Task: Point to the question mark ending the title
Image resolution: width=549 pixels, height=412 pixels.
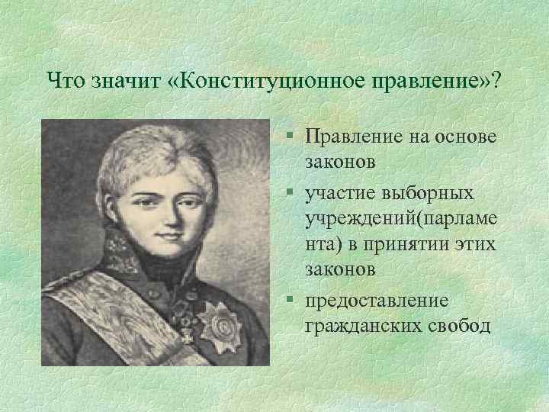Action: [497, 79]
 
